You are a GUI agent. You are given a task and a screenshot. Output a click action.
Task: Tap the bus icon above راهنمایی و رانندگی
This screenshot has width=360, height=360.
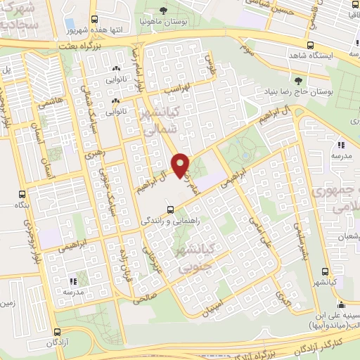171,209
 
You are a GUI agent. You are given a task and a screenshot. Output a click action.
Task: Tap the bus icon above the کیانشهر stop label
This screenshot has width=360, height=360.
324,272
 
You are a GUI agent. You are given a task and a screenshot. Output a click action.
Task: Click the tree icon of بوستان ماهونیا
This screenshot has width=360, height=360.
163,11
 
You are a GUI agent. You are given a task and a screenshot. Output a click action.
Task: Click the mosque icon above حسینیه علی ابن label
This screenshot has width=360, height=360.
341,305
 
